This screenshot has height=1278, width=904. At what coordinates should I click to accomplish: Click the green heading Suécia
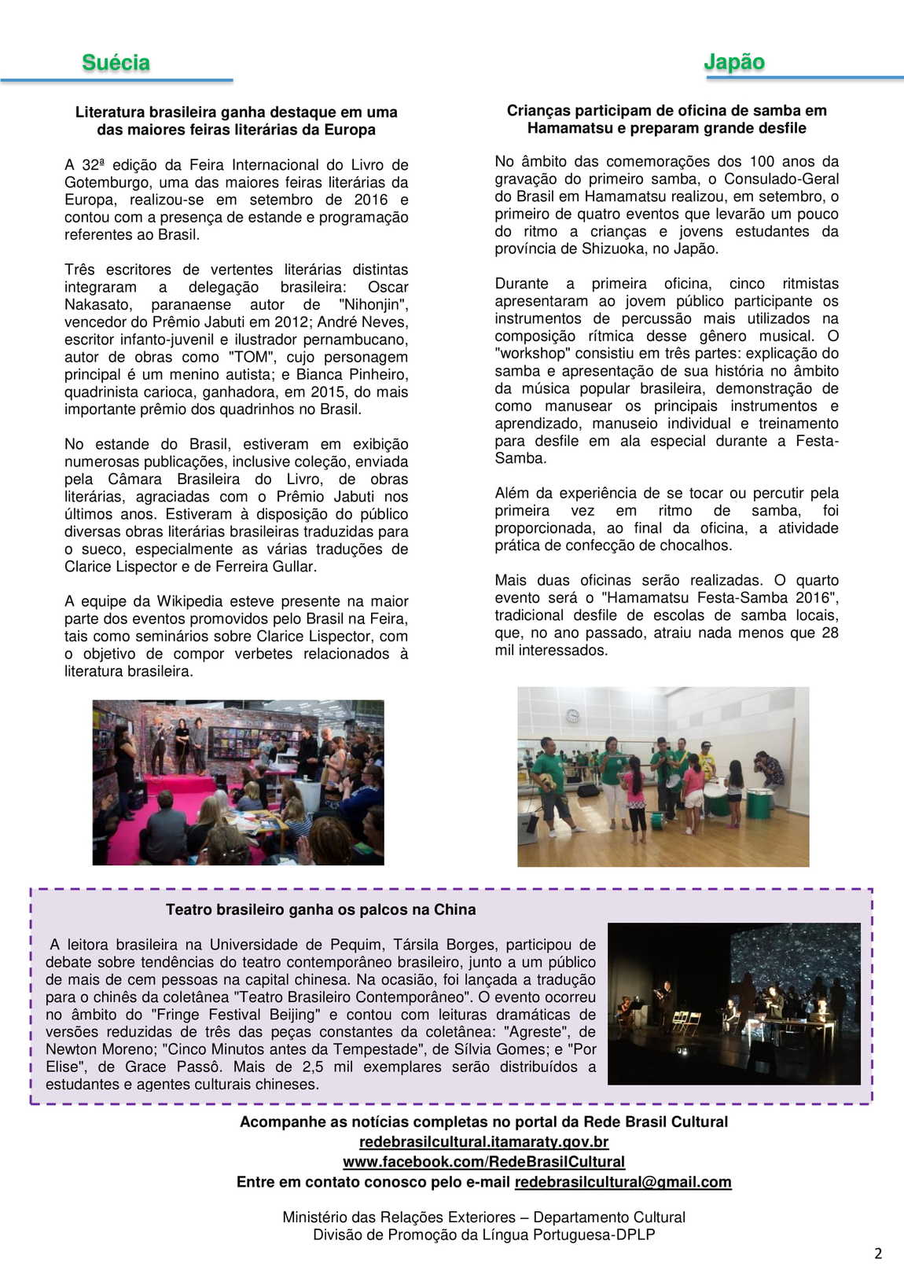(x=116, y=63)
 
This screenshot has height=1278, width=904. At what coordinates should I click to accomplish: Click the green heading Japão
(x=734, y=61)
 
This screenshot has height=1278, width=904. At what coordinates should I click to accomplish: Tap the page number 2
(x=878, y=1253)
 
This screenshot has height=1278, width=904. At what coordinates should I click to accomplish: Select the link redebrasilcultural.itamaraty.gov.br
(x=483, y=1141)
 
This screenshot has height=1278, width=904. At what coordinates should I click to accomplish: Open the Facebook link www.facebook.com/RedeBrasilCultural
(x=483, y=1162)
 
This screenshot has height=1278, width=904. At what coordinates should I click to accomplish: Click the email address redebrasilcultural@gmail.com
(x=623, y=1182)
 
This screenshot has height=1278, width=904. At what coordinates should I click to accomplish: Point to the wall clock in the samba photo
(x=572, y=715)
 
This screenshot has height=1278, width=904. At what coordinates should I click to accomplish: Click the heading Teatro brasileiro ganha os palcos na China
(x=321, y=909)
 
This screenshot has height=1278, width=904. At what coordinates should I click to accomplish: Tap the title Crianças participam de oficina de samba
(x=666, y=111)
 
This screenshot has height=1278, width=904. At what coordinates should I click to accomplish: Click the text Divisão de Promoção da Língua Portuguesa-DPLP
(x=483, y=1235)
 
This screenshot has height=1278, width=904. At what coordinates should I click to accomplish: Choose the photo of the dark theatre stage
(x=734, y=1004)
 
